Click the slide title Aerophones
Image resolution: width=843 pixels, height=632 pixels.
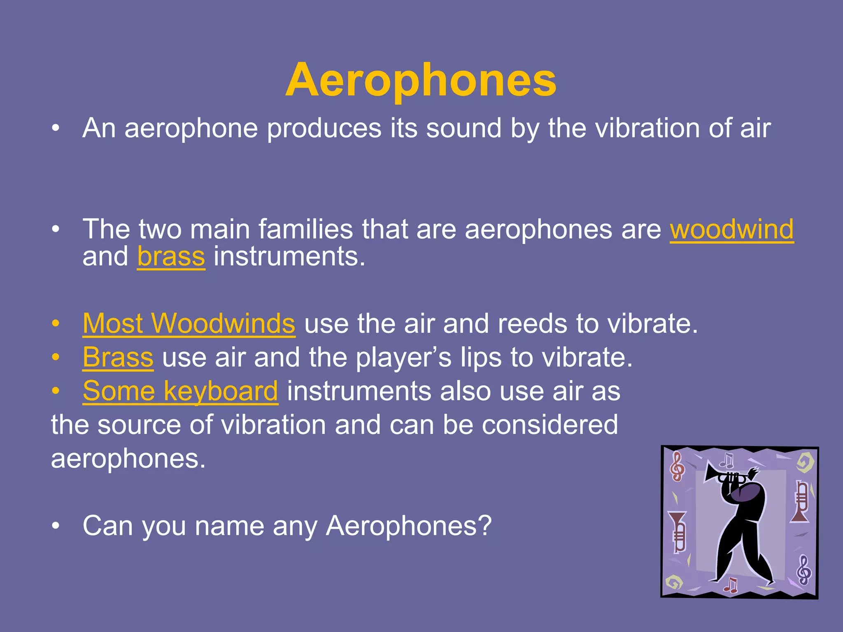[421, 80]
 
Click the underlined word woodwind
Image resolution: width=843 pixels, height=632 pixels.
[731, 229]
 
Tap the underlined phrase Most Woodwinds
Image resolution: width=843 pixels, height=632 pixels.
[189, 323]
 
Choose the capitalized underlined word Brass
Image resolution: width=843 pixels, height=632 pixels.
[118, 357]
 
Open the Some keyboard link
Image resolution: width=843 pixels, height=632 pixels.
[180, 391]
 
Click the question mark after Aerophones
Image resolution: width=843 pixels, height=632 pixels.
[486, 525]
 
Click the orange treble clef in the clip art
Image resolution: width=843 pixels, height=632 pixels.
[677, 466]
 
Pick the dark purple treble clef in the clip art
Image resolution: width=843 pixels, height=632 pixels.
[804, 569]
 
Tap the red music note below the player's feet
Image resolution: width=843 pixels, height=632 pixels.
[731, 584]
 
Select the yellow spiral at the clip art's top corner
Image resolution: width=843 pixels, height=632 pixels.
[805, 462]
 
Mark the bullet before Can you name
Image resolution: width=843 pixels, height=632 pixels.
[56, 526]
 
